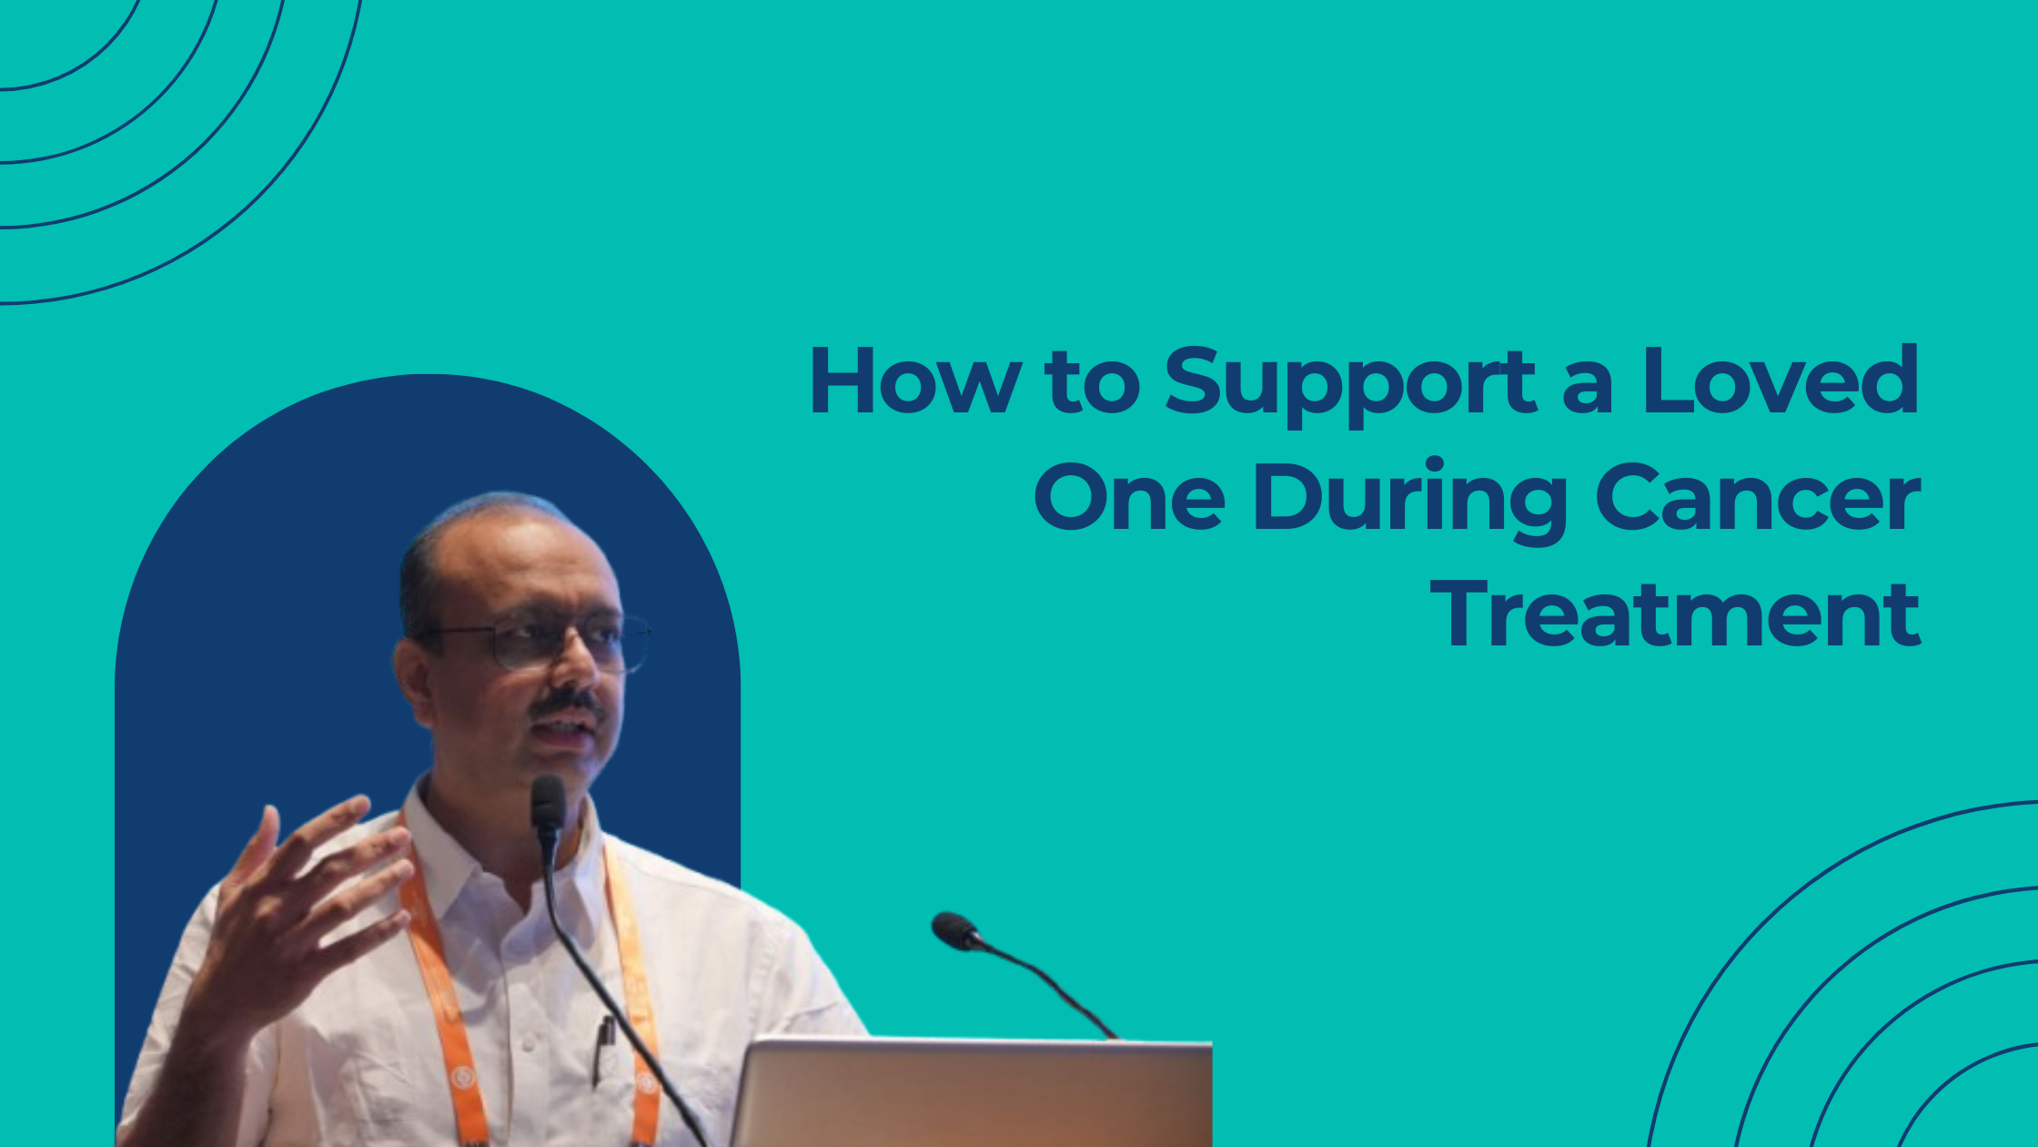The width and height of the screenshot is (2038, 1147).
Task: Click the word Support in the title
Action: point(1350,382)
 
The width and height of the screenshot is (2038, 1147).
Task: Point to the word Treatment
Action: point(1674,614)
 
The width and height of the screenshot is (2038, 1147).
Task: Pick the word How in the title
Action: point(914,382)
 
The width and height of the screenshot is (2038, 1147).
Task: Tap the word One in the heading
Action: point(1129,498)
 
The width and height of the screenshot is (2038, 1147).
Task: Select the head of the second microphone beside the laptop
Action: point(953,930)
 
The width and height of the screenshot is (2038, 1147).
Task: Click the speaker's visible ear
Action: point(414,678)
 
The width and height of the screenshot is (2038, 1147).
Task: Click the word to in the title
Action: point(1092,382)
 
